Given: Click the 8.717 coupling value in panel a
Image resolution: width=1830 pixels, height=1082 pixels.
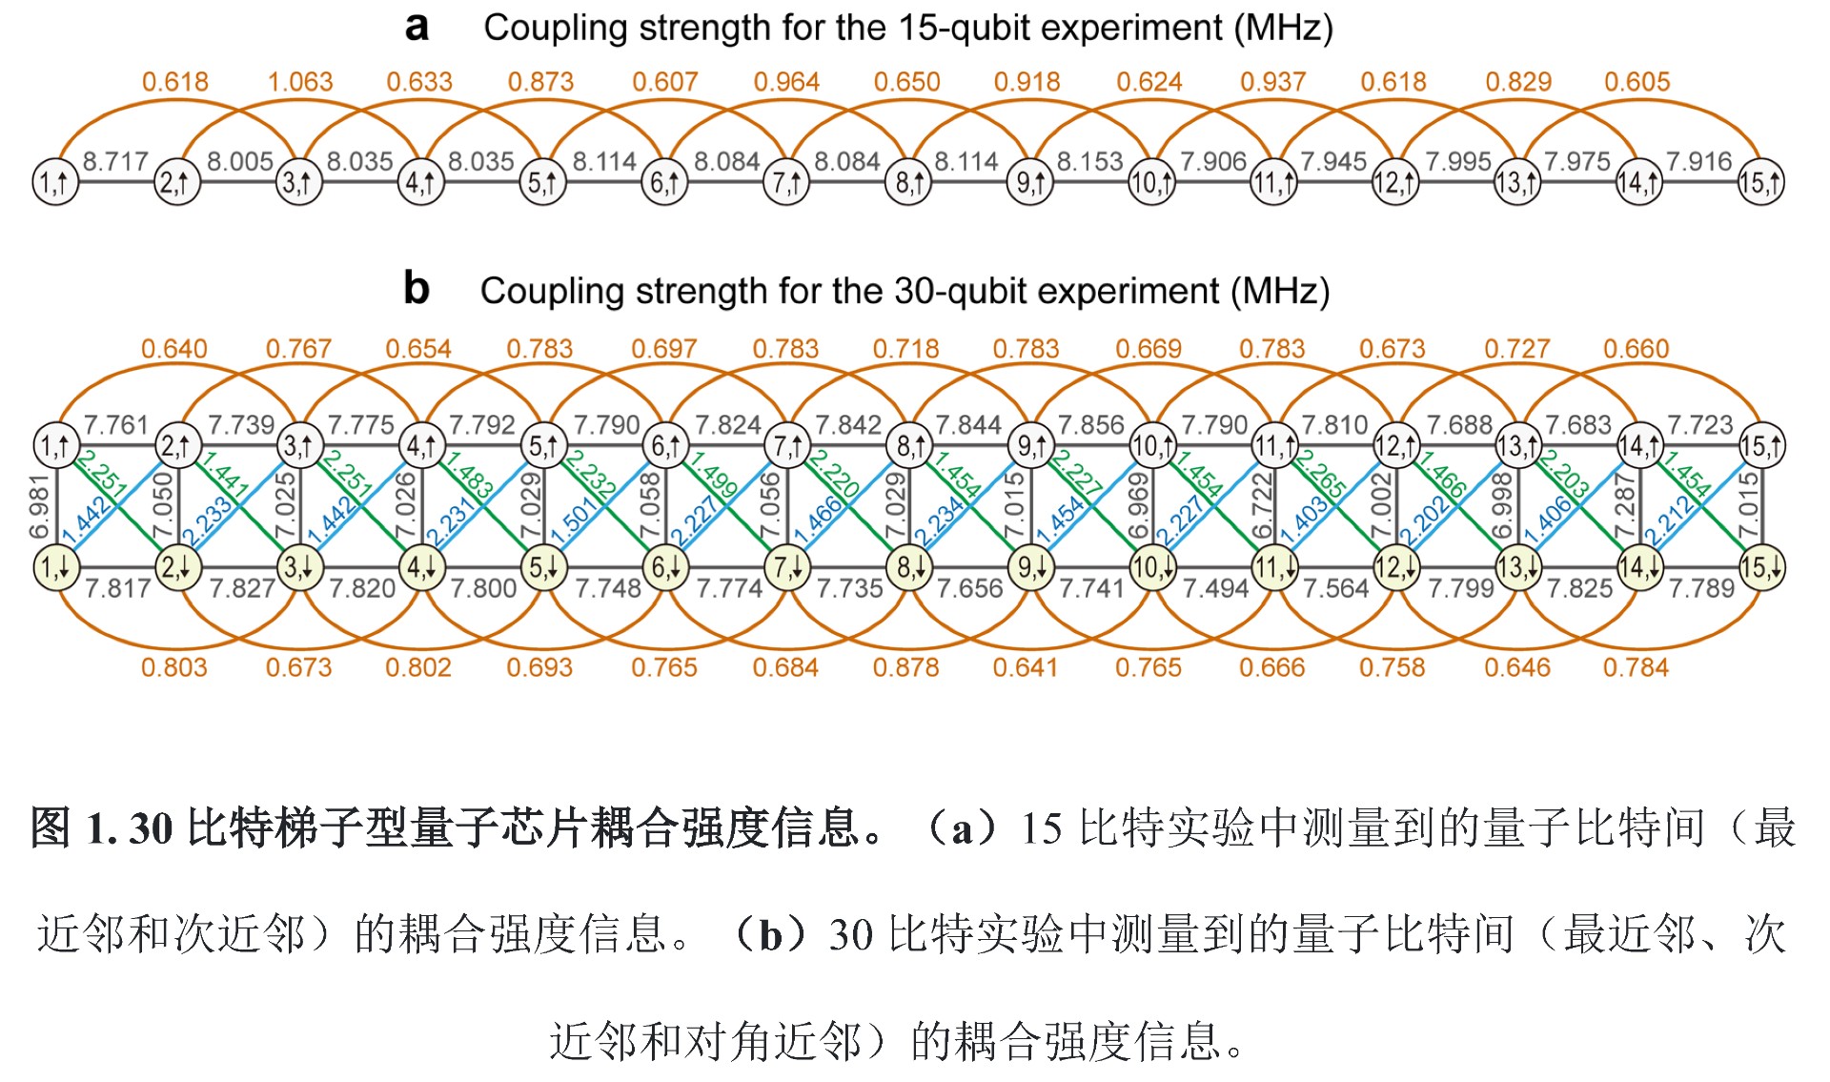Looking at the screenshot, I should pyautogui.click(x=115, y=161).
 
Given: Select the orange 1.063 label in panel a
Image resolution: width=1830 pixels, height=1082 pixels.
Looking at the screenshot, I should pyautogui.click(x=300, y=82).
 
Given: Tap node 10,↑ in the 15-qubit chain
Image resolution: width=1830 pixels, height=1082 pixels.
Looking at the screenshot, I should pyautogui.click(x=1151, y=182).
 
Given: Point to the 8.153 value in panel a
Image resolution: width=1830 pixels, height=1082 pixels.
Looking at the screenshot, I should pyautogui.click(x=1089, y=161).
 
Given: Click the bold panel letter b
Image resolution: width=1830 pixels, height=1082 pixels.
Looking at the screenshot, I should pyautogui.click(x=417, y=288).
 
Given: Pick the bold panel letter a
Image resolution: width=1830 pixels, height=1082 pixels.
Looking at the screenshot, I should pyautogui.click(x=417, y=26).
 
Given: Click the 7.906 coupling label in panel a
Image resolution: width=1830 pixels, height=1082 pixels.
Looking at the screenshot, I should pyautogui.click(x=1212, y=161).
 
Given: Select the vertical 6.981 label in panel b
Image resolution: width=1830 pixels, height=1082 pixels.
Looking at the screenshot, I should pyautogui.click(x=39, y=506).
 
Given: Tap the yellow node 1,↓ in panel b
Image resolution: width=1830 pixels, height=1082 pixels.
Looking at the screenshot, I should pyautogui.click(x=55, y=568).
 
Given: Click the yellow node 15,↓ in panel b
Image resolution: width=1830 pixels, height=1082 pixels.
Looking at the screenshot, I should pyautogui.click(x=1760, y=568).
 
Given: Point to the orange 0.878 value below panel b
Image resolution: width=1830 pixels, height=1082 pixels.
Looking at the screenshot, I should pyautogui.click(x=905, y=667).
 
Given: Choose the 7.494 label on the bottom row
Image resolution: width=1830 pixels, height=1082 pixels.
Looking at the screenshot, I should pyautogui.click(x=1214, y=588).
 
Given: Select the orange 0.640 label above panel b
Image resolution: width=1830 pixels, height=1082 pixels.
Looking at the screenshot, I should pyautogui.click(x=174, y=349).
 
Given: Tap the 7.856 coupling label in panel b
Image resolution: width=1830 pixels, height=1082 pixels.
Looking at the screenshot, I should pyautogui.click(x=1090, y=424).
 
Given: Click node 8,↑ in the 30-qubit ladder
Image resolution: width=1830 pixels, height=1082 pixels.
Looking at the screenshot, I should pyautogui.click(x=908, y=445).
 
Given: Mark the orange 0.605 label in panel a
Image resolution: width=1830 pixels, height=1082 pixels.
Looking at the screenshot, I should pyautogui.click(x=1637, y=82).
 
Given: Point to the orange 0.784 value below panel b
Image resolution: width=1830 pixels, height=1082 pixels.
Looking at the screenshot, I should pyautogui.click(x=1636, y=667).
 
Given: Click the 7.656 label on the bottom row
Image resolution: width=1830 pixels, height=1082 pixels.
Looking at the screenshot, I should pyautogui.click(x=969, y=588).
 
